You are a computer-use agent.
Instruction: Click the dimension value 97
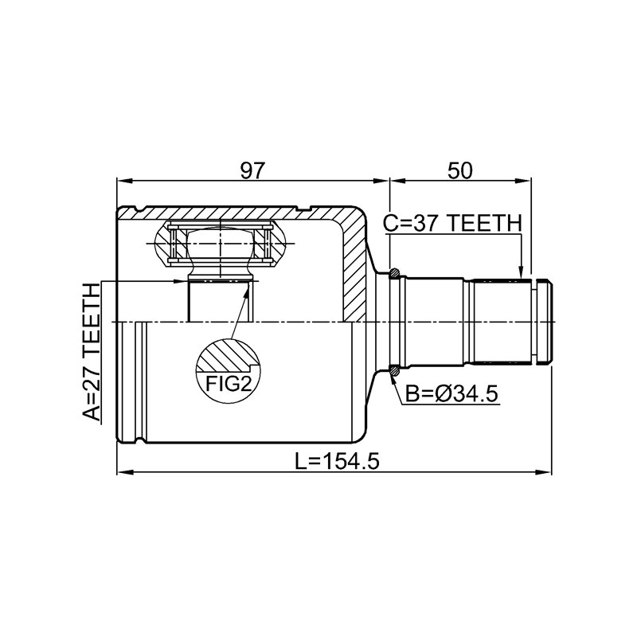[252, 171]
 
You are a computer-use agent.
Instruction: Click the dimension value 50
[460, 171]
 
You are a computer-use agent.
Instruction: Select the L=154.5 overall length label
[337, 462]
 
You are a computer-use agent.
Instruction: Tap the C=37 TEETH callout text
[452, 224]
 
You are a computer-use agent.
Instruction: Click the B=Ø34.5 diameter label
[451, 393]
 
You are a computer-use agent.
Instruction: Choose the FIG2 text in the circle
[229, 383]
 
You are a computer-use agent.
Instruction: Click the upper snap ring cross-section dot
[394, 273]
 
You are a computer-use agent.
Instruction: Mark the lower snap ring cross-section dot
[394, 370]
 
